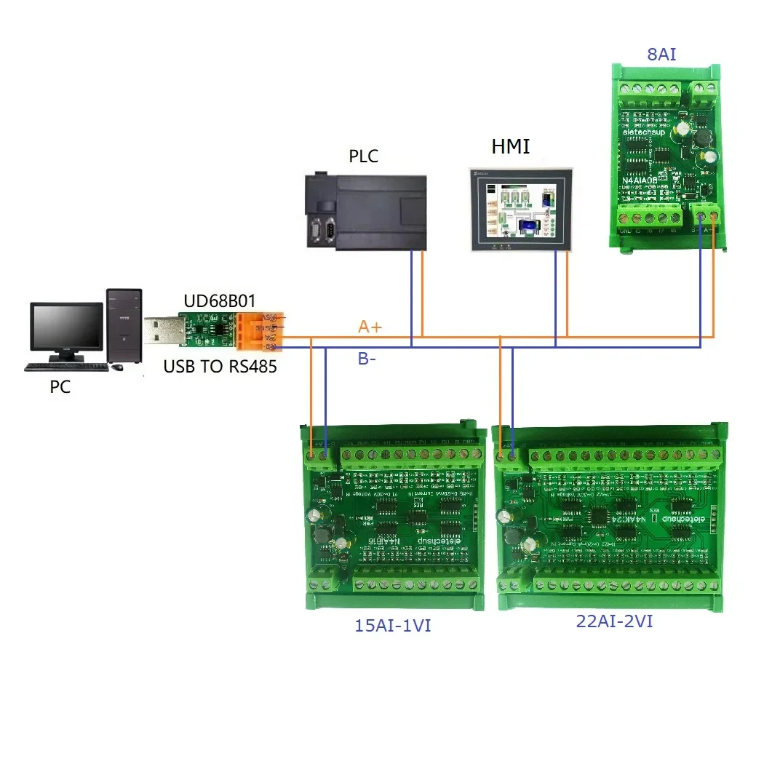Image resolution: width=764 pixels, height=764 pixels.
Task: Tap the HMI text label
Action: [x=510, y=148]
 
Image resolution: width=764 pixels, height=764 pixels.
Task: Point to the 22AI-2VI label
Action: [x=613, y=622]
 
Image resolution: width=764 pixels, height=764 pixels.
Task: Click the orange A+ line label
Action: [x=370, y=327]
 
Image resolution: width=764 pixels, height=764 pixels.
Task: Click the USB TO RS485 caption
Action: [x=220, y=367]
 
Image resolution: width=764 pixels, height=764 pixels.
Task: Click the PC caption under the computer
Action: [x=60, y=387]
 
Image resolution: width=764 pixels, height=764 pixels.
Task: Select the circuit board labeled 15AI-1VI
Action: [x=394, y=516]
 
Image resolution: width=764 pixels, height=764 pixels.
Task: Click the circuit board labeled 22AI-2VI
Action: [x=611, y=516]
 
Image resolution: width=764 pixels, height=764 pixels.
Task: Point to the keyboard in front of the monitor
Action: [x=66, y=367]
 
